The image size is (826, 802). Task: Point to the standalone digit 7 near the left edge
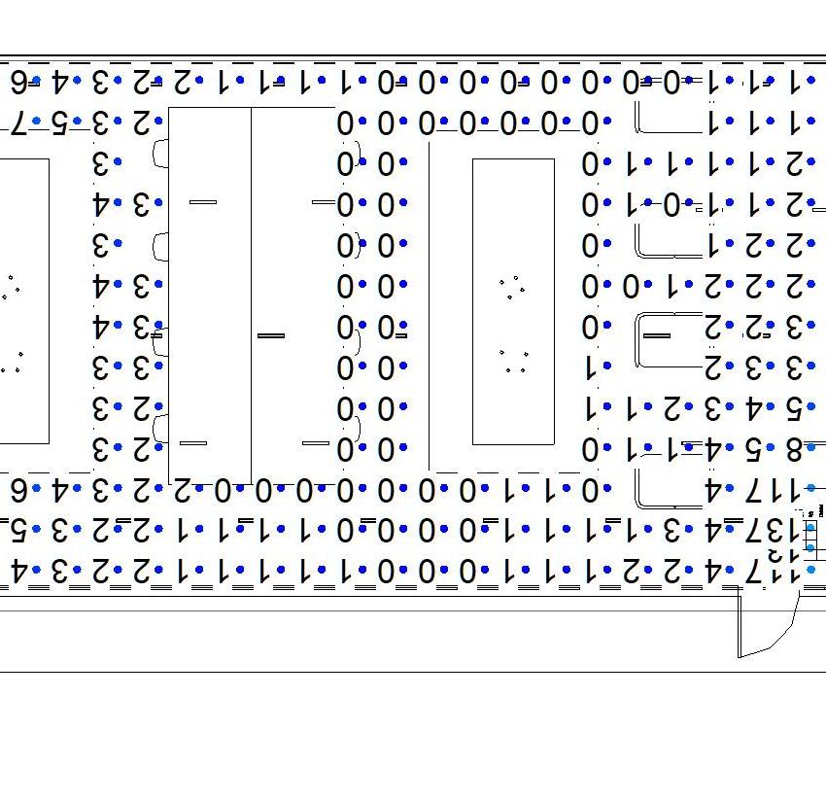click(x=17, y=122)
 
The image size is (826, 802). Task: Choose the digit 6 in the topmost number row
click(x=17, y=82)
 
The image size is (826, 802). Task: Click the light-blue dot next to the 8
click(x=810, y=448)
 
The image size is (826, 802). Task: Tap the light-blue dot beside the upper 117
click(x=810, y=489)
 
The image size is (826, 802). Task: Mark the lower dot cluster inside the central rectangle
click(x=513, y=362)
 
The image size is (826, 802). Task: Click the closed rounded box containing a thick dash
click(x=670, y=339)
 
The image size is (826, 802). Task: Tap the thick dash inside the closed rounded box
click(x=658, y=335)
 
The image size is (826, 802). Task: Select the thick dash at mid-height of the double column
click(x=271, y=335)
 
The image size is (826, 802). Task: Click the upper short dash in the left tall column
click(x=203, y=202)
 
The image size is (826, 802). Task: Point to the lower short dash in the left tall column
click(x=193, y=443)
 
